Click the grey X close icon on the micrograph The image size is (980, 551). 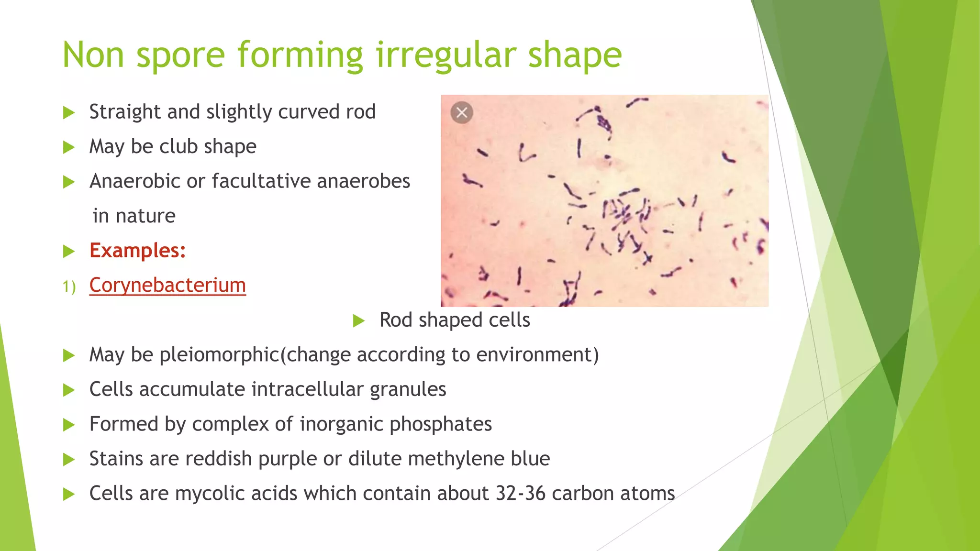click(462, 113)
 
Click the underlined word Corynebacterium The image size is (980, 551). click(167, 286)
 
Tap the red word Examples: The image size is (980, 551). click(138, 251)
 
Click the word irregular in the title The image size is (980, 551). click(446, 55)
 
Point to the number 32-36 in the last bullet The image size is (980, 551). click(520, 494)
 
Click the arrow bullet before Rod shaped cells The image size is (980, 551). click(359, 320)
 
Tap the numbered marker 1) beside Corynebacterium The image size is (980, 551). click(69, 287)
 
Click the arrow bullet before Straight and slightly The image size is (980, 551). click(69, 113)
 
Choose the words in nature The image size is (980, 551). click(134, 216)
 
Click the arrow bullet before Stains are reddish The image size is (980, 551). click(69, 460)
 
